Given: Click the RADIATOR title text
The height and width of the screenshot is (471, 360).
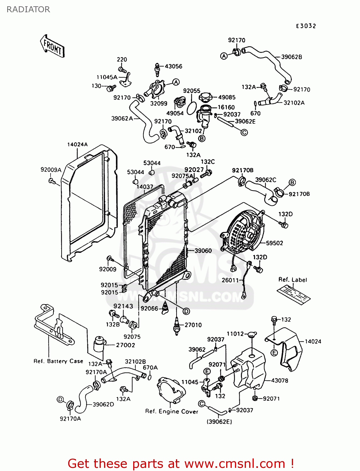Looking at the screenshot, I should (x=28, y=9).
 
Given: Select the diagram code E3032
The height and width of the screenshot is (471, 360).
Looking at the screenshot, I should (x=306, y=26).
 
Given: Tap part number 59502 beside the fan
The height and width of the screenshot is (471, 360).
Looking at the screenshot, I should (x=274, y=243).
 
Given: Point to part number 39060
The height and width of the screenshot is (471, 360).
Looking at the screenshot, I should (x=203, y=251).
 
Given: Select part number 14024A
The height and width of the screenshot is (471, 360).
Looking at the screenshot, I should (x=77, y=144).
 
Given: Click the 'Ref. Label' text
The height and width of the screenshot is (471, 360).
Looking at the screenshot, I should (x=292, y=280).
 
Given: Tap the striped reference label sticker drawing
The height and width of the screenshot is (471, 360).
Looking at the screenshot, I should (x=293, y=295).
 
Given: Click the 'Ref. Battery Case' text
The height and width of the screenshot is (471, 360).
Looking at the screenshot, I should (x=58, y=361).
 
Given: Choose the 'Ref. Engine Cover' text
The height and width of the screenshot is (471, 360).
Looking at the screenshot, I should (x=172, y=411).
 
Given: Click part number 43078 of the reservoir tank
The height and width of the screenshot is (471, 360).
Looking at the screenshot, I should (x=279, y=381).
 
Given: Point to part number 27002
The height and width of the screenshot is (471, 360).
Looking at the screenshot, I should (x=125, y=345).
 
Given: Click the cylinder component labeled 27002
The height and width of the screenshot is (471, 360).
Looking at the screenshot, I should (x=100, y=344).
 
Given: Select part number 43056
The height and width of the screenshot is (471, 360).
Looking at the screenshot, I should (x=173, y=66).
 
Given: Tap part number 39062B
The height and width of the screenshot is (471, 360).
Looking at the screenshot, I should (x=292, y=57).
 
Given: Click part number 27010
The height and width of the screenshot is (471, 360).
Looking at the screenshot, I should (x=193, y=325).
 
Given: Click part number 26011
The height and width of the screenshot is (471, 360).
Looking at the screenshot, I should (x=230, y=280).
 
